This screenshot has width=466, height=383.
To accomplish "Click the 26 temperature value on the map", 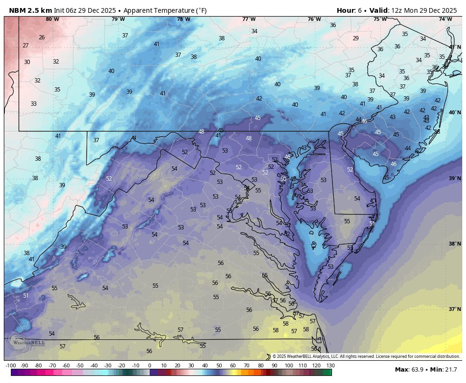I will point(42,37).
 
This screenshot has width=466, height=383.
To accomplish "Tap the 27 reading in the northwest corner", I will point(26,46).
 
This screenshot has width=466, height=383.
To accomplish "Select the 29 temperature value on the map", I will point(356,38).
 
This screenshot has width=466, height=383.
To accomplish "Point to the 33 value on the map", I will point(34,104).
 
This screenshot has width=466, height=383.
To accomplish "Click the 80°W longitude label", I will point(52,19).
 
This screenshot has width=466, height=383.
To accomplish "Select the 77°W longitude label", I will point(249,19).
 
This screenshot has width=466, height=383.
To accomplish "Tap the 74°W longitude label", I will point(445,19).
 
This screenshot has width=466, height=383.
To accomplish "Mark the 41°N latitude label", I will point(455,47).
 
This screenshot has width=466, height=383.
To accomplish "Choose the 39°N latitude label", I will point(455,178).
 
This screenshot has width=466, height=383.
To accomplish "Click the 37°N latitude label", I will point(455,309).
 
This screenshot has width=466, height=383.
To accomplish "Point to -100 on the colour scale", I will point(10,365).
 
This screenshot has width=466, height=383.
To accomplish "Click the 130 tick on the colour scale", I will point(331,365).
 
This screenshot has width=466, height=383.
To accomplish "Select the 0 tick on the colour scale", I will point(150,365).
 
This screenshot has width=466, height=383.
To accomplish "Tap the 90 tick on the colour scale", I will point(275,365).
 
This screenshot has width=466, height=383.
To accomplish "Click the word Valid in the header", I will point(378,10).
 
